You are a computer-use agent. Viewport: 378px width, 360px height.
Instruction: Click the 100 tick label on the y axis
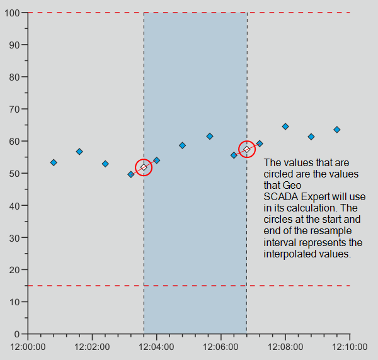click(13, 13)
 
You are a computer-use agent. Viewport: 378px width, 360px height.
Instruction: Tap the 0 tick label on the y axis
click(18, 334)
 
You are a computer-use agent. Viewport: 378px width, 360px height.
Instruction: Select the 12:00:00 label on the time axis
click(28, 347)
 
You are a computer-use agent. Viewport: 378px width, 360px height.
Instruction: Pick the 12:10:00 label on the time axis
click(350, 347)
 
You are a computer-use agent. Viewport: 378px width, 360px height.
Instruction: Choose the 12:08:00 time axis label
click(285, 347)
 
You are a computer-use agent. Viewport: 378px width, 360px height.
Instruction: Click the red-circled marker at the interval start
click(144, 167)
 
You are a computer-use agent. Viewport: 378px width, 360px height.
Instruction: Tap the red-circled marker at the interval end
click(247, 149)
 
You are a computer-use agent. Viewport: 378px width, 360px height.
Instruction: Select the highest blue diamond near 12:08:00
click(285, 127)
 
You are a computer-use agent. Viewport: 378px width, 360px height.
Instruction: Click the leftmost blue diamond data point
click(54, 162)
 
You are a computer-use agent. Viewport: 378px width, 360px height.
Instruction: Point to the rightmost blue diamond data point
click(337, 130)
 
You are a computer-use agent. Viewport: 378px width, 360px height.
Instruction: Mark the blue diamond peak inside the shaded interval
click(210, 136)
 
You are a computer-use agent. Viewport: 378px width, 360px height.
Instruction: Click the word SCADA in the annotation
click(279, 196)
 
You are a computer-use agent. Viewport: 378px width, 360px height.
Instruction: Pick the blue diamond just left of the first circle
click(131, 174)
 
